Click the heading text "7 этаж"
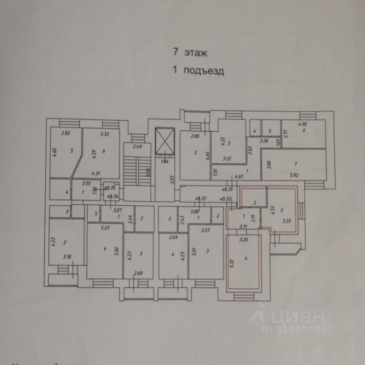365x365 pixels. tap(190, 53)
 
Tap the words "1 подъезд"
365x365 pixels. tap(198, 71)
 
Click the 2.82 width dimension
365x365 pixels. tap(66, 133)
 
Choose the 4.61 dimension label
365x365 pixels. tap(239, 176)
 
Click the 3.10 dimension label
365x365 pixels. tap(67, 257)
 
